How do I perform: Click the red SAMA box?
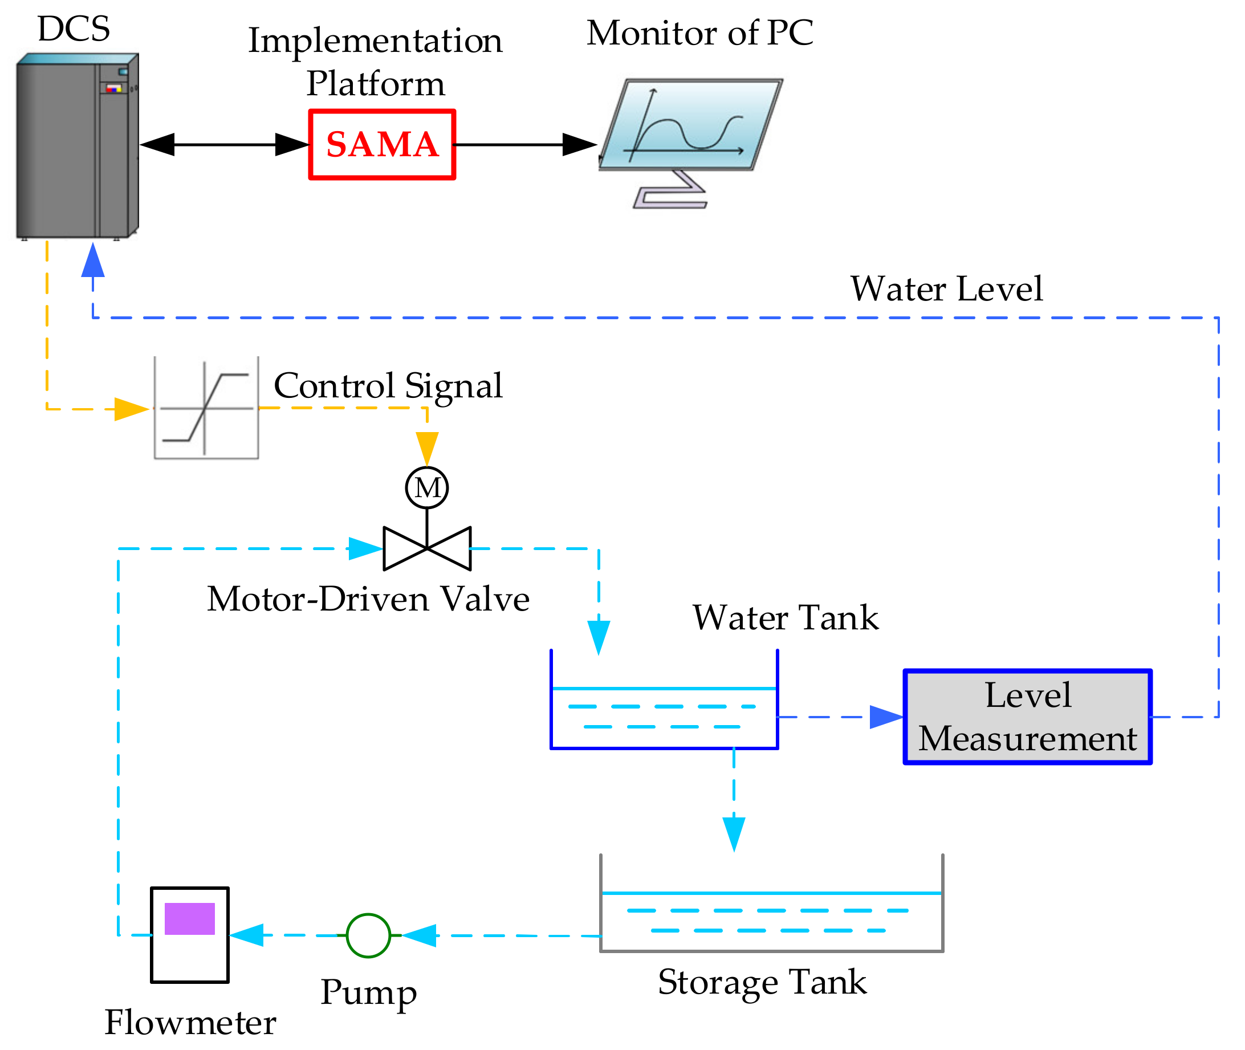click(382, 145)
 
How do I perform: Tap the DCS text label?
click(74, 29)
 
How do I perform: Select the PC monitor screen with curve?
click(691, 125)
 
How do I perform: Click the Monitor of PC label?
click(700, 32)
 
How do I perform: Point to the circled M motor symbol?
click(427, 488)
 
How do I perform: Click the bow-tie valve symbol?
click(427, 548)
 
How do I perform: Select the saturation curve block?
click(206, 408)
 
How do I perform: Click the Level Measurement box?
click(1028, 717)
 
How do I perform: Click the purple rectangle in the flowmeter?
click(189, 919)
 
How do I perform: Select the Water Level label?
click(946, 289)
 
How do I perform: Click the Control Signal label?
click(388, 386)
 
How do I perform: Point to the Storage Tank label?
click(762, 982)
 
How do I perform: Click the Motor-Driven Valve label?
click(368, 599)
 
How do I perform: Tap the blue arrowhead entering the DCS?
click(93, 261)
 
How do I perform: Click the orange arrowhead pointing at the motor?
click(427, 448)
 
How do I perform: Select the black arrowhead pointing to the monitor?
click(579, 145)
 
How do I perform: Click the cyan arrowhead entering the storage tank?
click(734, 834)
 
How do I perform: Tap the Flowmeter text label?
click(190, 1023)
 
